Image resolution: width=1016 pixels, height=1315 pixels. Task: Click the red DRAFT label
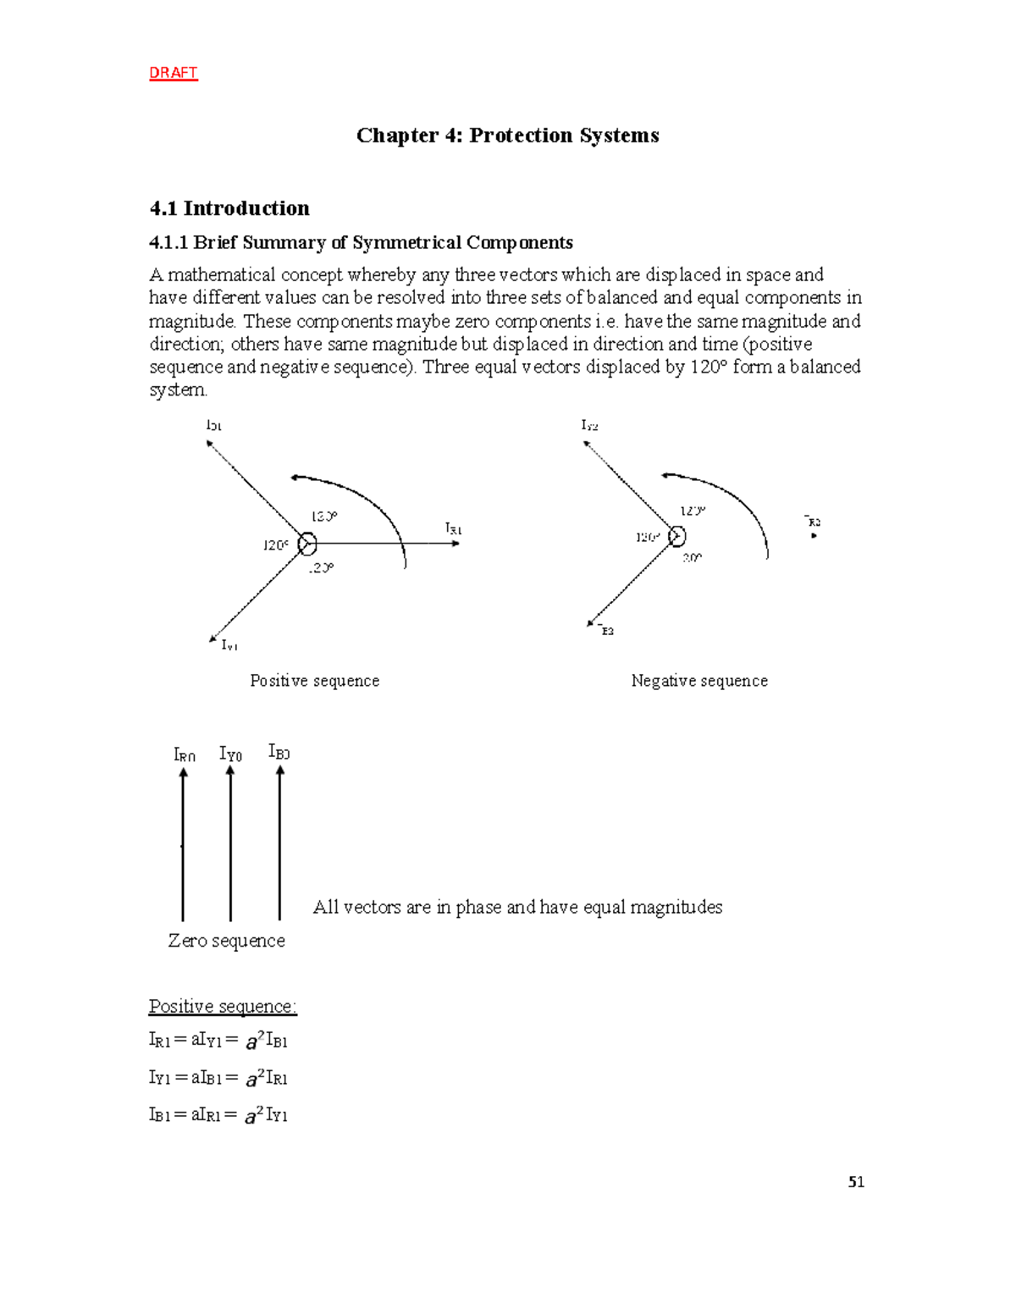173,73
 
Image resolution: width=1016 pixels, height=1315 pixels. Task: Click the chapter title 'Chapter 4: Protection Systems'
507,135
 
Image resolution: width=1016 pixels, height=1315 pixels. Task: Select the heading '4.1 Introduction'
229,208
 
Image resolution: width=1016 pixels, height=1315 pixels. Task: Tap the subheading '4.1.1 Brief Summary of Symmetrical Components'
361,243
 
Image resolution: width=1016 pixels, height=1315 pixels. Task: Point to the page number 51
856,1182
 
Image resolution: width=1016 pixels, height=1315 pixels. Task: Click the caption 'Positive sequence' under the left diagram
314,681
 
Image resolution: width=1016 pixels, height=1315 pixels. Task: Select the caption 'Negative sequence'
699,681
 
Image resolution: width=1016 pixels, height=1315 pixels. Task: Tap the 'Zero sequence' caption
226,941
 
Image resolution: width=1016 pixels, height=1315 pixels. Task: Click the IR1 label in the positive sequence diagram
454,529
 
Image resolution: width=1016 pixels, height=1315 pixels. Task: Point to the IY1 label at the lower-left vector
229,645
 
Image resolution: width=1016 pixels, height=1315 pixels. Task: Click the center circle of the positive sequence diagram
307,544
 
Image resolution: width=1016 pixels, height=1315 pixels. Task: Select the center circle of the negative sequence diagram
676,536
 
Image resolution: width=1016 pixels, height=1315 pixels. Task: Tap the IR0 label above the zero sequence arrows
184,754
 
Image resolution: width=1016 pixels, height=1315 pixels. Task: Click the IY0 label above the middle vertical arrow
230,754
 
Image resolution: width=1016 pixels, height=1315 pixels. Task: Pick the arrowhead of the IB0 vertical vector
280,770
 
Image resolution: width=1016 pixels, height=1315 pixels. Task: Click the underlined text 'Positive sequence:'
223,1006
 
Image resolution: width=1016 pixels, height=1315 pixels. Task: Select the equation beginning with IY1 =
218,1078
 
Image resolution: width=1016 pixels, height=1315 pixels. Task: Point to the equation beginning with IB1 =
218,1115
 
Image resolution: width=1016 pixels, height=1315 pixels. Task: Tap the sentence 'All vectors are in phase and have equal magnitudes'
517,907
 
